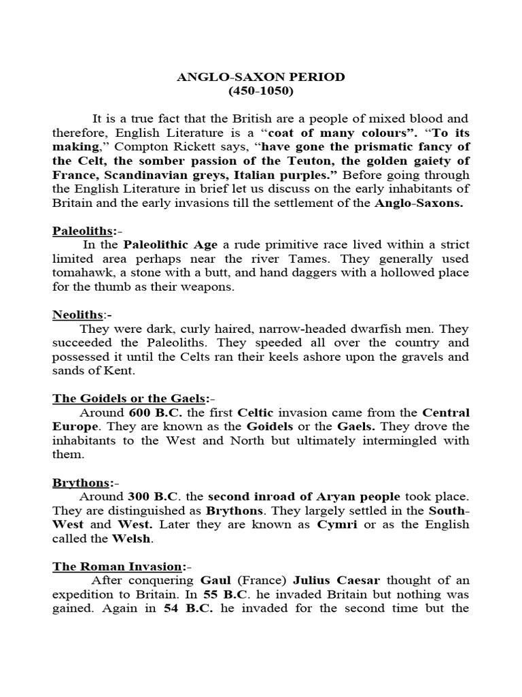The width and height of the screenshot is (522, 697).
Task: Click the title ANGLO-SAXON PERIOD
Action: click(261, 78)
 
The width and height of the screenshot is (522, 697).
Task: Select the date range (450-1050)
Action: click(261, 91)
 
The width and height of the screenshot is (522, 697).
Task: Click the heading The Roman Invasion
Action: click(117, 566)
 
